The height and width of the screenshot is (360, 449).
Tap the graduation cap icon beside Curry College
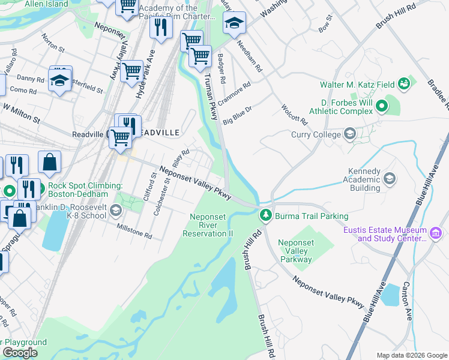(x=349, y=133)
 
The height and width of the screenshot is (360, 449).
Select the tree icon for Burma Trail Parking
(x=265, y=214)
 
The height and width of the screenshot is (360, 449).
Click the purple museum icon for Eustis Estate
(x=436, y=232)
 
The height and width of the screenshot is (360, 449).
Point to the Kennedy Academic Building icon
(x=389, y=178)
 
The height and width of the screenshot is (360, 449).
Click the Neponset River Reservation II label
(x=211, y=225)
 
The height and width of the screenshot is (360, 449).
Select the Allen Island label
(x=46, y=4)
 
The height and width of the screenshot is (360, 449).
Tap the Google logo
(x=20, y=352)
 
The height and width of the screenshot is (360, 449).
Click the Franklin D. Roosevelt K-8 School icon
(x=115, y=211)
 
